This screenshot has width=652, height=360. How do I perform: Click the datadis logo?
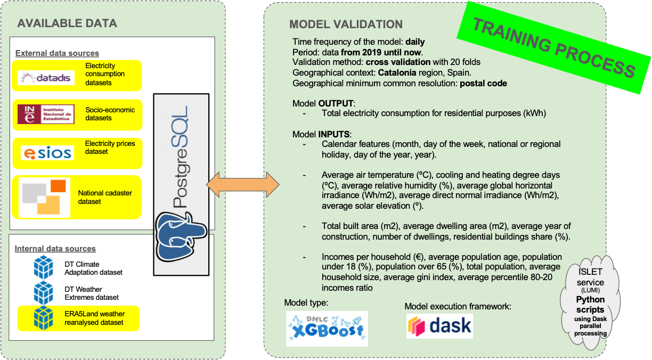coord(46,78)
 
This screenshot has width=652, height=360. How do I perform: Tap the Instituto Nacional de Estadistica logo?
coord(46,114)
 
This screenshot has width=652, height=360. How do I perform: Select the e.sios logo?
coord(46,153)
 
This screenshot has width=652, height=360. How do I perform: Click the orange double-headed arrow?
coord(243,184)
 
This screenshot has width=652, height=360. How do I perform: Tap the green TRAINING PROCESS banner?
coord(554,47)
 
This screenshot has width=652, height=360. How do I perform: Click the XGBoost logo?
coord(327,329)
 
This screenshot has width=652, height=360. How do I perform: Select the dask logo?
coord(439,325)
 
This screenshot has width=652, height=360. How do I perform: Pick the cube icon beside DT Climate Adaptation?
coord(43,267)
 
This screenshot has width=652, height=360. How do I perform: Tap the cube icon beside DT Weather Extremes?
coord(43,293)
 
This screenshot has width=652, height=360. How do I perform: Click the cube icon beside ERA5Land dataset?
coord(43,318)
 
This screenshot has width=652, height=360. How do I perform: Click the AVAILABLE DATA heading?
coord(67,23)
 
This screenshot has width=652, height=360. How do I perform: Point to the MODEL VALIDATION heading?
coord(346,24)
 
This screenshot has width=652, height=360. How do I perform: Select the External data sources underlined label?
coord(57,53)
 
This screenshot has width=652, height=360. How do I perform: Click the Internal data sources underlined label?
coord(55,249)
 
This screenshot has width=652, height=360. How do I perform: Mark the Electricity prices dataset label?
coord(110,148)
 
